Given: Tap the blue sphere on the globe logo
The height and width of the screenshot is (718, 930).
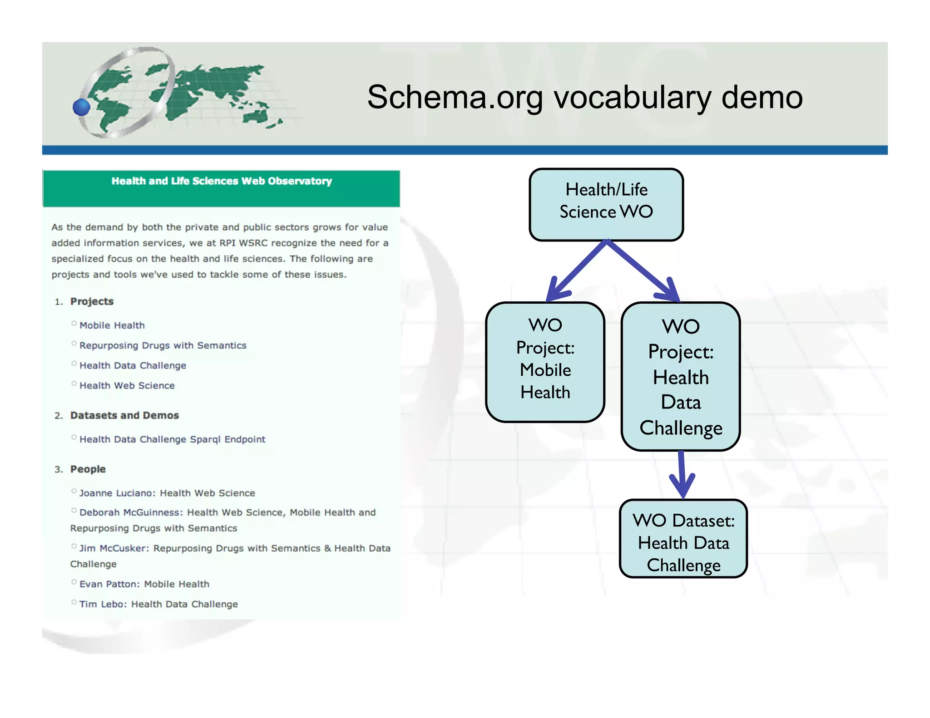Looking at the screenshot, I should (82, 108).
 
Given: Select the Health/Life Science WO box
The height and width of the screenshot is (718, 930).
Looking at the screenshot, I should (606, 204).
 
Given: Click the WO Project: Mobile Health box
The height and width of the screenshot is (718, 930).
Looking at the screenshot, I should (545, 362).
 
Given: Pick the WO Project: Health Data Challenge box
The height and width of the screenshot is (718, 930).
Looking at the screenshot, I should (680, 376).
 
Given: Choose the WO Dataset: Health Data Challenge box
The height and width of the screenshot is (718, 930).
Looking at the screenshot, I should (683, 539).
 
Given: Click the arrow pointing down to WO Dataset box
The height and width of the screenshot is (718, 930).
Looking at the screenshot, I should (682, 474).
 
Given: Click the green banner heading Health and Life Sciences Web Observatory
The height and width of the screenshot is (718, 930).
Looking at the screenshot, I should (221, 181).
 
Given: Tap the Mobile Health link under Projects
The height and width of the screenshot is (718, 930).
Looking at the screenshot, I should (112, 325).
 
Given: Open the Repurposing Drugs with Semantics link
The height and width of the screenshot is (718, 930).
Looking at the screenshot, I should (163, 345).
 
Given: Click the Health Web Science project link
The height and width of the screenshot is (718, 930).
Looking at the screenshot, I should (127, 385).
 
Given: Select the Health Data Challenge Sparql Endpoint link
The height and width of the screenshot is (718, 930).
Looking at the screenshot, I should (172, 439).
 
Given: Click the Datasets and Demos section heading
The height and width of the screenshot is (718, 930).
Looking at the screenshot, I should (124, 415).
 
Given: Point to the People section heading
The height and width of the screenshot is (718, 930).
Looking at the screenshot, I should (88, 469).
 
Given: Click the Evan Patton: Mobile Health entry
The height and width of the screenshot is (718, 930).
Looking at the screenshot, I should (144, 584).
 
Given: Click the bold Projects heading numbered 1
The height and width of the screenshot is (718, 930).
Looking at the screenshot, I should (92, 301).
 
